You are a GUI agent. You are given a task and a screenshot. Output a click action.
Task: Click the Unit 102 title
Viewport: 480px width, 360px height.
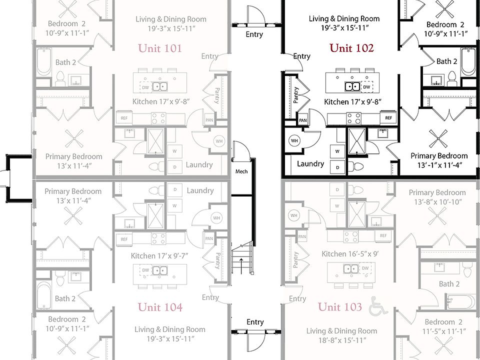[x=351, y=48]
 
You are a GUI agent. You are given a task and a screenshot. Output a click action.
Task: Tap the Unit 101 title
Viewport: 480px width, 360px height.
[x=160, y=48]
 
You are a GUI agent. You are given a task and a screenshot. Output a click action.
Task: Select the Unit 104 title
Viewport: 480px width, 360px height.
[x=160, y=307]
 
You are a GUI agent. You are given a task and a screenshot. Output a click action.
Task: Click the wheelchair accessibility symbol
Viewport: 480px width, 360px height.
[x=378, y=306]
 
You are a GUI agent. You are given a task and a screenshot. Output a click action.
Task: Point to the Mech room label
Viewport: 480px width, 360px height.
[x=241, y=171]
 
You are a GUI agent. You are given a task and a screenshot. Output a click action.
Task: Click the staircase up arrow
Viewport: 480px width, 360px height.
[x=241, y=265]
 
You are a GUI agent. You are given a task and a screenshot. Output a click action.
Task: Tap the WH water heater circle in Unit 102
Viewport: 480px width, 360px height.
[x=294, y=141]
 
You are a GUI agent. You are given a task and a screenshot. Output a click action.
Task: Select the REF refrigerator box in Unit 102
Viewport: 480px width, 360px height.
[x=388, y=118]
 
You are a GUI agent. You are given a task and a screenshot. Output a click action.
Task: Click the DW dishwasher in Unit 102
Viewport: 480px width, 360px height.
[x=366, y=86]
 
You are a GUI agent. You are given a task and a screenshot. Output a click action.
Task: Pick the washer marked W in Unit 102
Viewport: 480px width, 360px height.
[x=337, y=151]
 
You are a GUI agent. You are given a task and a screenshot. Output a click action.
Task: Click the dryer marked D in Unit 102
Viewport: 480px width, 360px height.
[x=337, y=167]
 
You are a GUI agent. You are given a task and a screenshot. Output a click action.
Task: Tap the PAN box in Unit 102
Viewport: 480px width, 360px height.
[x=303, y=120]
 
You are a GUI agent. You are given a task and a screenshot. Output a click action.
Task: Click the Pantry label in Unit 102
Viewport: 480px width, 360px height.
[x=295, y=95]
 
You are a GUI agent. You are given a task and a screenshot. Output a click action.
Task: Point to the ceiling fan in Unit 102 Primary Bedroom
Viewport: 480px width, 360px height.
[x=438, y=138]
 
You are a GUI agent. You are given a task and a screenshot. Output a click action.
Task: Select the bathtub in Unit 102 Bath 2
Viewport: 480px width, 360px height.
[x=468, y=61]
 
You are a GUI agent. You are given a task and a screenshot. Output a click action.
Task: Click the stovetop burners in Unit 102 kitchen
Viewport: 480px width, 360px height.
[x=354, y=118]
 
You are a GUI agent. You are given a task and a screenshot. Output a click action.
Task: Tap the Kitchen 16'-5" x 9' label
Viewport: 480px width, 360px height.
[x=350, y=254]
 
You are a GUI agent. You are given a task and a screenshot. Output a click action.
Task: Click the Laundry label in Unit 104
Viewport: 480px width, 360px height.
[x=200, y=190]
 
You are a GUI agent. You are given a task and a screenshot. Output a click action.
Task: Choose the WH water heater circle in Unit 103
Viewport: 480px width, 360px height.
[x=294, y=215]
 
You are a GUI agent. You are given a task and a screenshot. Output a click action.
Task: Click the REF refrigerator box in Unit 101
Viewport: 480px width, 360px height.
[x=124, y=118]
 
